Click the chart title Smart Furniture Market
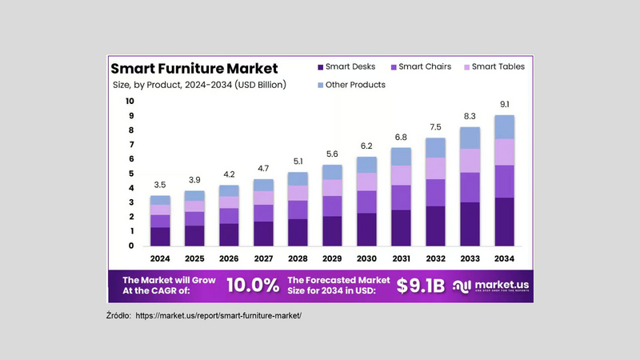194,68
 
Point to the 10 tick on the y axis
130,102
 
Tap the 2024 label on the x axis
161,258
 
